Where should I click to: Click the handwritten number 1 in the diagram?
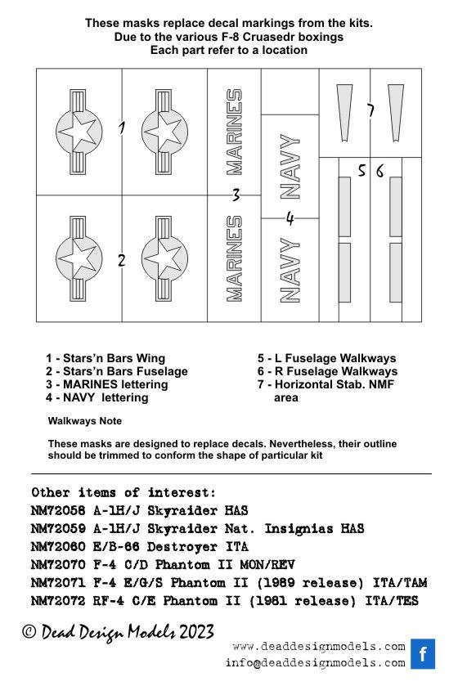click(121, 128)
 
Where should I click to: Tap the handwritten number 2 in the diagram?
click(121, 261)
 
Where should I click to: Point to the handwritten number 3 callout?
click(235, 195)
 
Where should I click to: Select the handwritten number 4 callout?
click(289, 218)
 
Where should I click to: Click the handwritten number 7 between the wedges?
click(370, 111)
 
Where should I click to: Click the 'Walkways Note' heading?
click(85, 421)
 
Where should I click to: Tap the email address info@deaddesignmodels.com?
click(315, 663)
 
